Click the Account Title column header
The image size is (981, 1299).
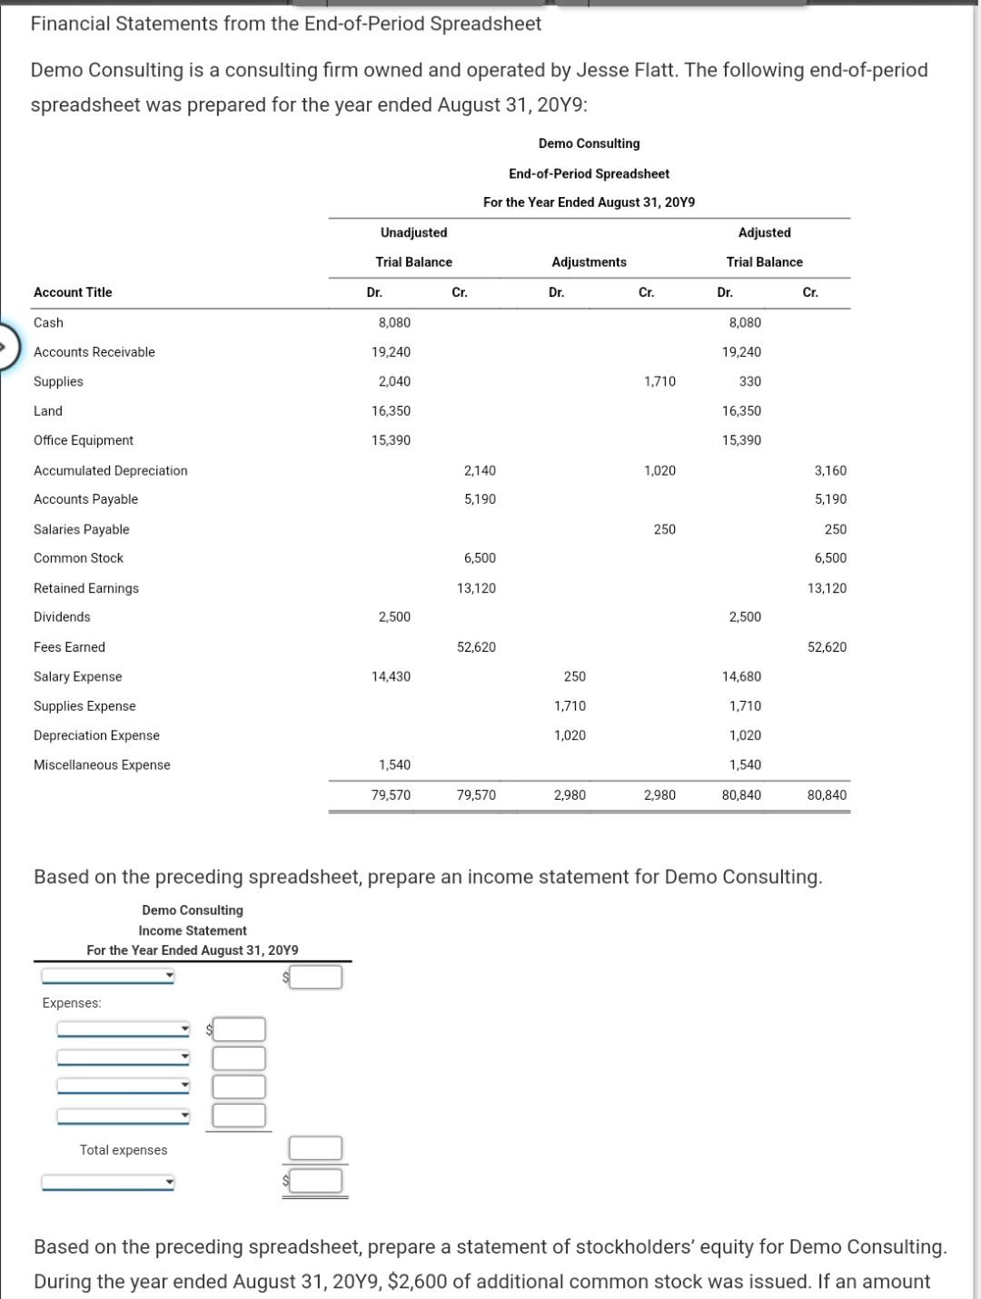73,292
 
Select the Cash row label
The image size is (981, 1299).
48,322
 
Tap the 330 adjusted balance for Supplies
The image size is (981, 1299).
749,381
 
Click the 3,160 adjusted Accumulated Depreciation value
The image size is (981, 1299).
829,470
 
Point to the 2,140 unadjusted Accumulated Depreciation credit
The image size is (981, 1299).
479,470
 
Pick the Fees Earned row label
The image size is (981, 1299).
69,647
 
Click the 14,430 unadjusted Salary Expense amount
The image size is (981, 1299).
391,676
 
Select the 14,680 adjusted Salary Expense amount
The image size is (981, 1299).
741,676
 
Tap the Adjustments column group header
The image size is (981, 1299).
589,262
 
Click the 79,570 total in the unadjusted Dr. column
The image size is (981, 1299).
391,795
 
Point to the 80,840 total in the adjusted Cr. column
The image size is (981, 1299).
826,795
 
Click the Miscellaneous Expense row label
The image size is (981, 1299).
102,765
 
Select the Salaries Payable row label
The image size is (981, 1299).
81,529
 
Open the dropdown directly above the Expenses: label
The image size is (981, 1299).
107,977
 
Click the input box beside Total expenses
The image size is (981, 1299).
315,1148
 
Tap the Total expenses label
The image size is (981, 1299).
124,1150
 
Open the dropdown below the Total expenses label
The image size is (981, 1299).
107,1183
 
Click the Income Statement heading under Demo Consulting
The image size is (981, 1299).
193,930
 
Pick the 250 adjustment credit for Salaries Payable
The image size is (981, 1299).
664,529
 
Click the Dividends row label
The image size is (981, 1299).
62,617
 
